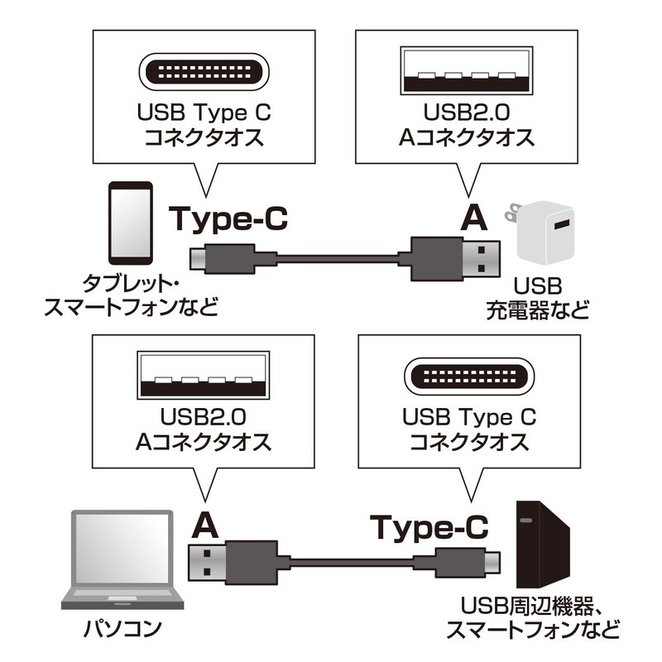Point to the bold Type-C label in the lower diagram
[x=429, y=525]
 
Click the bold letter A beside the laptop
[x=205, y=524]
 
